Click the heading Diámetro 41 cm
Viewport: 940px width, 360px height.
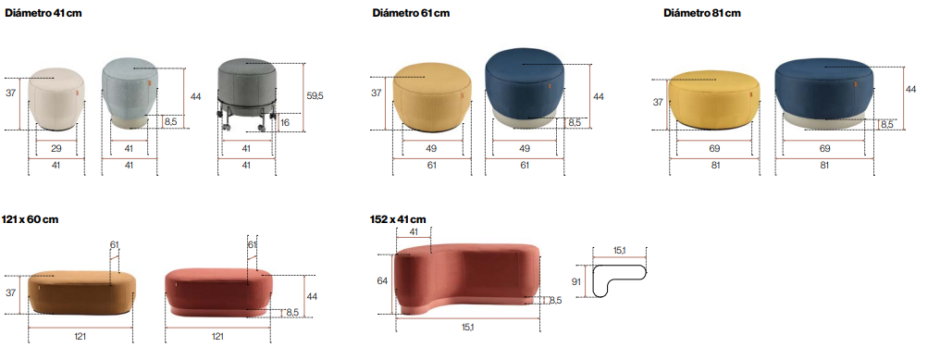(43, 13)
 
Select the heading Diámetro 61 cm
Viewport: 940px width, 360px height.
(411, 13)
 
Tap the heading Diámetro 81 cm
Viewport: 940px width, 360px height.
(702, 13)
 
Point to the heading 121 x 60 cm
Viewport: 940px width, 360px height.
(30, 219)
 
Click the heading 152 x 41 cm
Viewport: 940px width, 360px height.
(398, 219)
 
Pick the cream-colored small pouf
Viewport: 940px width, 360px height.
(57, 99)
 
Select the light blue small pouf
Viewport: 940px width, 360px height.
(130, 93)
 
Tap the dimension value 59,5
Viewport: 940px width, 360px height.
(315, 95)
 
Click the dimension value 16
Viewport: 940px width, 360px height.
(285, 122)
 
